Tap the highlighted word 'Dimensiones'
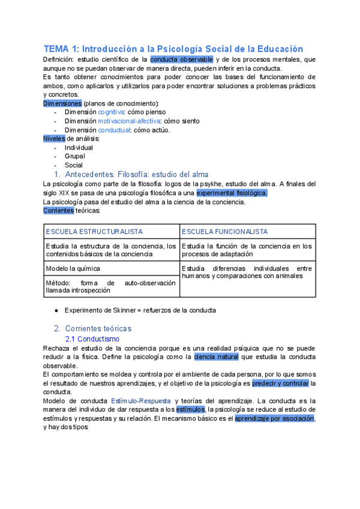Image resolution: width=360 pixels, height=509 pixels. click(x=62, y=103)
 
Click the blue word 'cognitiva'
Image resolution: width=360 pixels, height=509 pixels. click(x=111, y=112)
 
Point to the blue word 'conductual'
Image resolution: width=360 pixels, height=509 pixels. click(x=113, y=130)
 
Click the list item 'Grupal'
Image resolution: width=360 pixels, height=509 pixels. click(x=75, y=156)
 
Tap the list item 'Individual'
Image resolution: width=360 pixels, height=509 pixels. click(x=79, y=148)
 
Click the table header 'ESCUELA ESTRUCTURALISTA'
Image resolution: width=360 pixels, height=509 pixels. click(x=94, y=232)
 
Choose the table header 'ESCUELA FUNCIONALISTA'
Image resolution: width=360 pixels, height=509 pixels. click(x=224, y=232)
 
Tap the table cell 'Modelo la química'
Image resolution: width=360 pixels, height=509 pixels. click(x=73, y=268)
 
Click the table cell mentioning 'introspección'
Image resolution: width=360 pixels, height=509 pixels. click(x=110, y=286)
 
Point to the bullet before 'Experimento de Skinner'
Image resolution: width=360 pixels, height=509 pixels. click(x=56, y=310)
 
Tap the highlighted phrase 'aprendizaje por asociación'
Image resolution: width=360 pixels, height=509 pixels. click(x=275, y=418)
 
